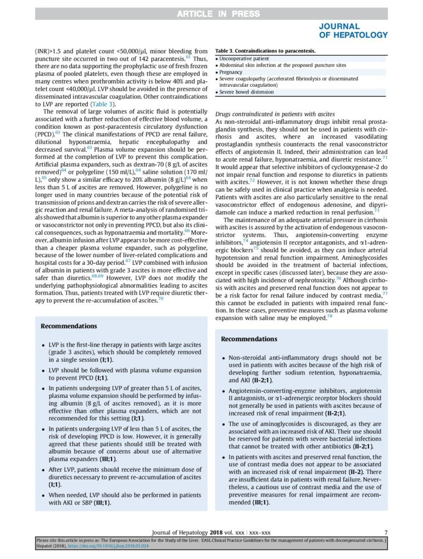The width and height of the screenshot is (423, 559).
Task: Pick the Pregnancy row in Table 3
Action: [x=232, y=72]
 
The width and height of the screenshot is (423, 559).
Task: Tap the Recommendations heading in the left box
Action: [x=68, y=326]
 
